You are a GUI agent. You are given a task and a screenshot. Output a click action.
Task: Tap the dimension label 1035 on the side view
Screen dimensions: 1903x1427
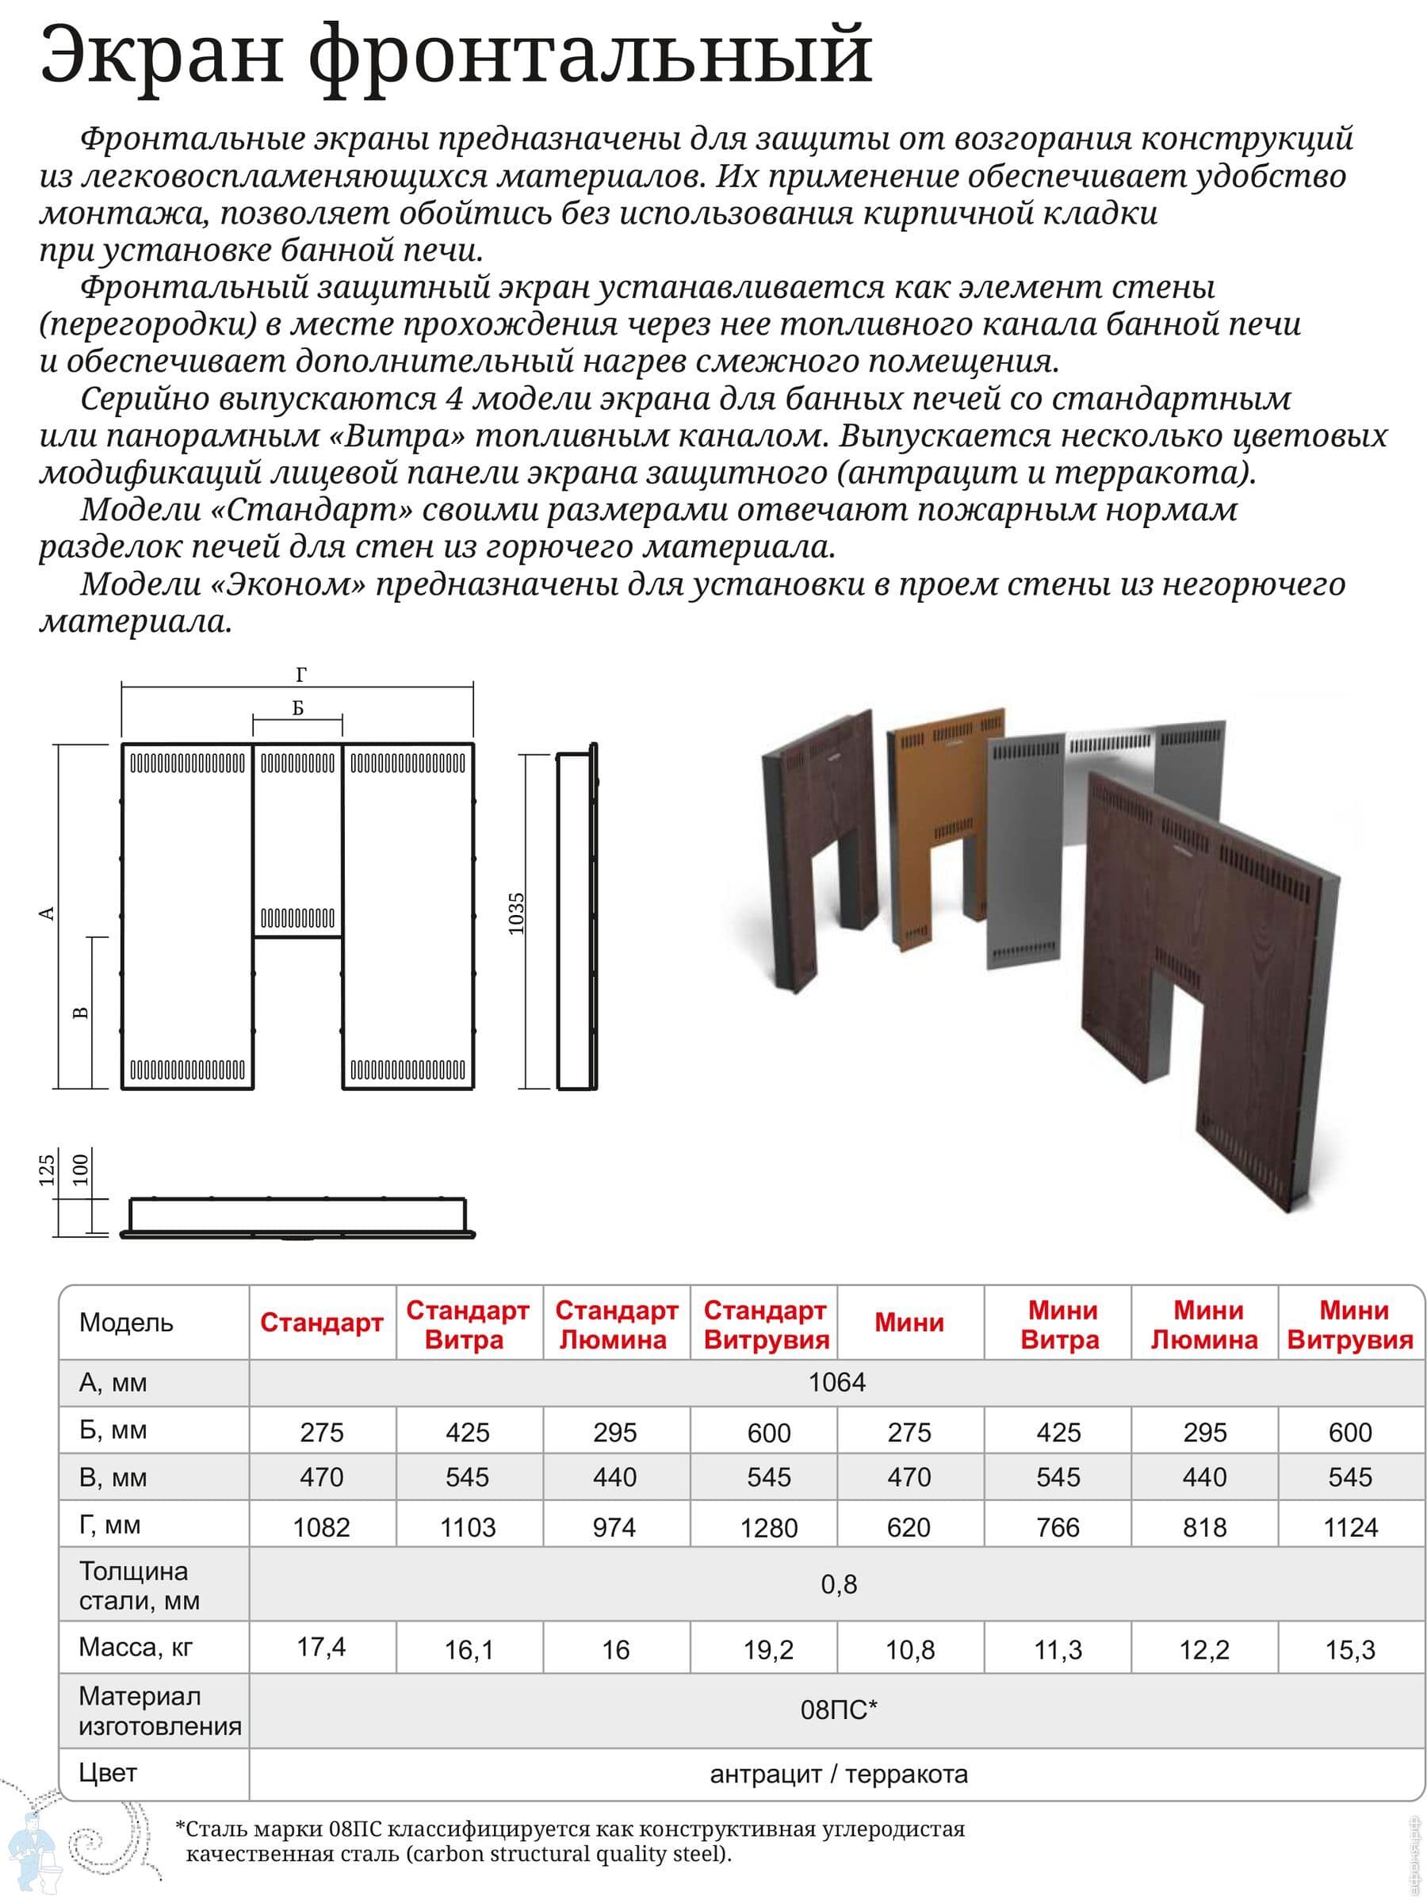(516, 913)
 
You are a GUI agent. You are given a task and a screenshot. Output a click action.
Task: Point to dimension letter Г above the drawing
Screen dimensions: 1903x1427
(300, 676)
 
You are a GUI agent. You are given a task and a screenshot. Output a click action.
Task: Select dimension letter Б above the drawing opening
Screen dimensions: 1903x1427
(297, 708)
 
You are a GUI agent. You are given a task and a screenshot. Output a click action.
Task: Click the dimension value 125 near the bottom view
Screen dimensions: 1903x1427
(48, 1170)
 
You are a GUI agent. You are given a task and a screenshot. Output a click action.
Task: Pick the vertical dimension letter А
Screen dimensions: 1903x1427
(48, 913)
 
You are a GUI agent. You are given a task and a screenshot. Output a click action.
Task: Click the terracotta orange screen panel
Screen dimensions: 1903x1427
(933, 826)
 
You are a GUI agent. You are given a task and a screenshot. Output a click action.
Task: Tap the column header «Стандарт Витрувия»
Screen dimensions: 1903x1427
(766, 1325)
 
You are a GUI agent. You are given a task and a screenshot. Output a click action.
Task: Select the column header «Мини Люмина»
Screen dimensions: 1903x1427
(1204, 1325)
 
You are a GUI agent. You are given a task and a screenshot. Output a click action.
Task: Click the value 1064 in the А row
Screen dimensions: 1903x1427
(836, 1383)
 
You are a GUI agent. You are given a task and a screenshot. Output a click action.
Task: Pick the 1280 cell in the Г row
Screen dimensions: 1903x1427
(768, 1528)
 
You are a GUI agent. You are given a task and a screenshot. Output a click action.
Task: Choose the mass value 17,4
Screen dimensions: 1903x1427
(321, 1647)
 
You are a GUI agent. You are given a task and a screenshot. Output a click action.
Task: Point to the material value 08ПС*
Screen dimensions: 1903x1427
(838, 1710)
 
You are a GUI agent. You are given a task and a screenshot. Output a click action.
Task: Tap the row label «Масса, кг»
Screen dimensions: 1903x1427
(135, 1647)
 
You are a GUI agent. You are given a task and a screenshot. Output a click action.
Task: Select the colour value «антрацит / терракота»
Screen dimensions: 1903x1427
(838, 1773)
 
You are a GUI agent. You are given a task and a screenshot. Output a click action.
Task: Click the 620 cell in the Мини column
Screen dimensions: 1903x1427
(909, 1528)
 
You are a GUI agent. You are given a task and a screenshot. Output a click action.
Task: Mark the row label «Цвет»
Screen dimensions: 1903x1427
(108, 1772)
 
